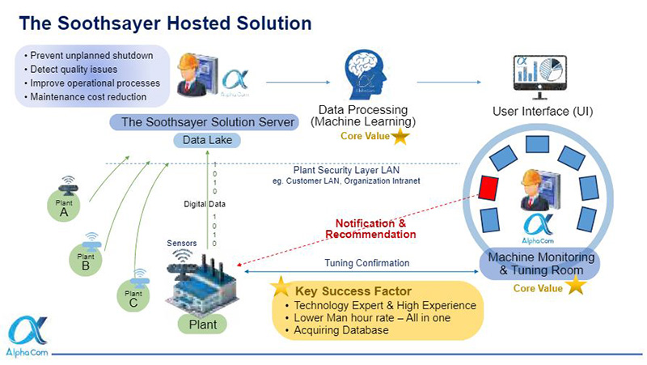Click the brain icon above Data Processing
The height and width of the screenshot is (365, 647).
click(x=363, y=75)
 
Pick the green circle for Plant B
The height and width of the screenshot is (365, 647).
click(x=86, y=261)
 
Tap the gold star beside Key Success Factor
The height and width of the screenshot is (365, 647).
click(x=281, y=286)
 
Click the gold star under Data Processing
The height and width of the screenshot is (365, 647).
click(x=400, y=136)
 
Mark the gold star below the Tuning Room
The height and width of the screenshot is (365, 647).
click(x=575, y=286)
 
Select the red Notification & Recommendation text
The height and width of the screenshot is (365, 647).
click(x=371, y=228)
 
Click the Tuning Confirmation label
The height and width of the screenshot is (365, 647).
click(x=367, y=263)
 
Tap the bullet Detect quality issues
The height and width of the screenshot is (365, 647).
click(x=77, y=70)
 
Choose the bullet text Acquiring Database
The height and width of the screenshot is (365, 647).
click(x=343, y=330)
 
